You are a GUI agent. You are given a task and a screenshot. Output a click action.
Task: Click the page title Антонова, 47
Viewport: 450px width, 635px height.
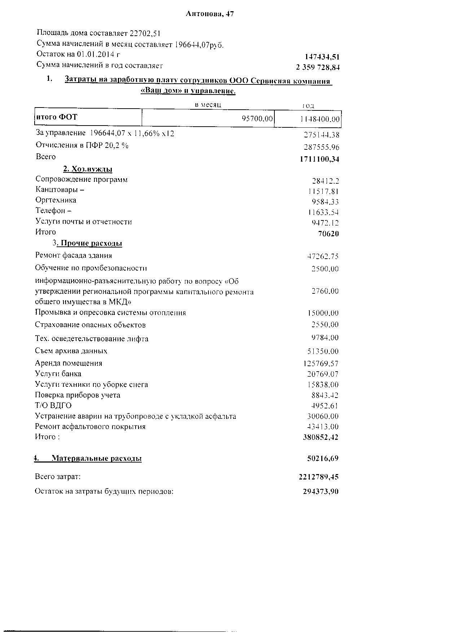click(210, 14)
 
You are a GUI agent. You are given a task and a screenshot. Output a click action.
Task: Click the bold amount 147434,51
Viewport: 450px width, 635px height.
click(322, 57)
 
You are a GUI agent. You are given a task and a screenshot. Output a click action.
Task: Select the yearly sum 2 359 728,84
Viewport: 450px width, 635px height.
click(318, 67)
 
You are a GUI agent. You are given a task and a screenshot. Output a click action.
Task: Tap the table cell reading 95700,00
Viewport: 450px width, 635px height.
click(257, 119)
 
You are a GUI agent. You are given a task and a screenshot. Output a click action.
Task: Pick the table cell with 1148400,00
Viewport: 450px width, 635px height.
click(320, 119)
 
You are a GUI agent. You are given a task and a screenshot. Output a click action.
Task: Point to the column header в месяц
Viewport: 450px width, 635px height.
click(208, 104)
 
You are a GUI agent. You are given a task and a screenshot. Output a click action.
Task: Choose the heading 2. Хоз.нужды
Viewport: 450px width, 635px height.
click(88, 169)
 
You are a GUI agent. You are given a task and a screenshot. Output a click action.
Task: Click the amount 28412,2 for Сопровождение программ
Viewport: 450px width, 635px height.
click(325, 181)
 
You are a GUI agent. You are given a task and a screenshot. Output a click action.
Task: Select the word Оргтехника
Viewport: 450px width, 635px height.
click(56, 200)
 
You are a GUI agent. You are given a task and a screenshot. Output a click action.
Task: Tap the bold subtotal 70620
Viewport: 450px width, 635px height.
click(328, 233)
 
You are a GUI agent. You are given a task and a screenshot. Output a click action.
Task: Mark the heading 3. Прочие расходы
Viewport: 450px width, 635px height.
click(87, 243)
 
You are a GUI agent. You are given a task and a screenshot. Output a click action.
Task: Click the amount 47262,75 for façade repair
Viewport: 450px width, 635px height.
click(323, 257)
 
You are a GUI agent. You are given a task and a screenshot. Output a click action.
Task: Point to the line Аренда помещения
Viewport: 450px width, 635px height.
click(69, 363)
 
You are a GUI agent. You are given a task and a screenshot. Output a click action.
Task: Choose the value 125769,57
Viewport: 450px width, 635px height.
click(321, 364)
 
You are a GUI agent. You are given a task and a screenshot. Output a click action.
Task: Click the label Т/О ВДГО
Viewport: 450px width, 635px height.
click(53, 406)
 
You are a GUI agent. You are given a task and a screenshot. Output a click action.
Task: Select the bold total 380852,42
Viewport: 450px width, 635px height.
click(321, 437)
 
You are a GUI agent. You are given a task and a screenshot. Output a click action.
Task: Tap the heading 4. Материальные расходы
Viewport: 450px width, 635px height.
click(88, 459)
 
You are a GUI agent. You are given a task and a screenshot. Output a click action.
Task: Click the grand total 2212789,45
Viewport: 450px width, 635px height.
click(318, 477)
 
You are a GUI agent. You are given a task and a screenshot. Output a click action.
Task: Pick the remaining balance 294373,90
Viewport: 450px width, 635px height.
click(321, 491)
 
